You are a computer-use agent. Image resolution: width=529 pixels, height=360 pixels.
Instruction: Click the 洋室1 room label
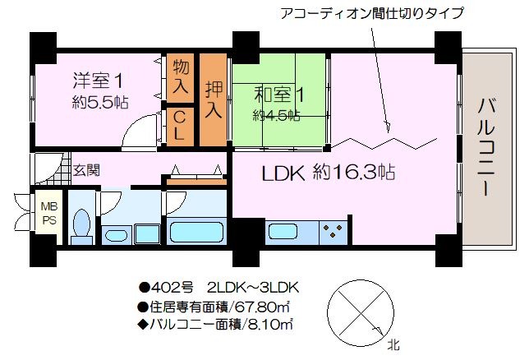pos(98,81)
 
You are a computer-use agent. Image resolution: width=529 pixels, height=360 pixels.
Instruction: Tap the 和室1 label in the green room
pos(279,95)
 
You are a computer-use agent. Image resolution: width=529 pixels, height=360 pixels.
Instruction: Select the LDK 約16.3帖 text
pos(329,173)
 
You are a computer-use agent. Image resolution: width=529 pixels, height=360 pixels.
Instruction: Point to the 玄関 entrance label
pos(87,170)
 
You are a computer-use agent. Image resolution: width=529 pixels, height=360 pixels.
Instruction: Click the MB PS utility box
pos(49,213)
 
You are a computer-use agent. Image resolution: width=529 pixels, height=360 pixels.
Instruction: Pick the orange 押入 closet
pos(214,99)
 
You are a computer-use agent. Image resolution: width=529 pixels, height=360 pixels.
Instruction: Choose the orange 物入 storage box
pos(181,78)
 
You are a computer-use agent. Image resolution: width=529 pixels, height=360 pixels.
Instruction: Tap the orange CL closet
pos(181,127)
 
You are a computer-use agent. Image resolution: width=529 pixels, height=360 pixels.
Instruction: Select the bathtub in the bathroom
pos(196,232)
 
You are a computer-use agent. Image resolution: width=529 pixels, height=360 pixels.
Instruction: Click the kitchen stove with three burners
pos(333,232)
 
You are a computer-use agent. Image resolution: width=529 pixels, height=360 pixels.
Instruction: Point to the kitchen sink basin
pos(283,232)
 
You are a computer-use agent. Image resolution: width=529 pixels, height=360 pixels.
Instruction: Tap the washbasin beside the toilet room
pos(117,234)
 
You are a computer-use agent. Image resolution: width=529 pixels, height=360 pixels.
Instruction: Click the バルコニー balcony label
pos(486,148)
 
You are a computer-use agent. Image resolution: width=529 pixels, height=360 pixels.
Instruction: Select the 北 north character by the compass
pos(393,345)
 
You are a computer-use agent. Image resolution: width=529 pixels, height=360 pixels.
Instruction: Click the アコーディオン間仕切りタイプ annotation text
pos(372,14)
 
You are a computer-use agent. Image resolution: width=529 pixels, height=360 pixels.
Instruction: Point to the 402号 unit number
pos(172,288)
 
